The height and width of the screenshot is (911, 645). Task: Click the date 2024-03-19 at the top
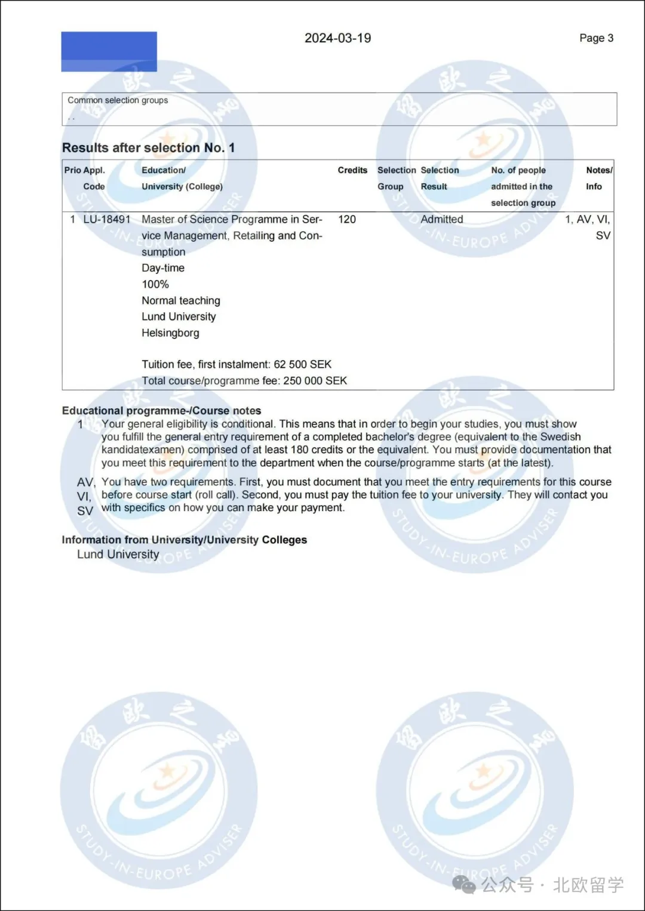point(337,38)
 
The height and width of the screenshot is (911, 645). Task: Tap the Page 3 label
point(596,38)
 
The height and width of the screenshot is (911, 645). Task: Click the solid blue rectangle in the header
point(109,52)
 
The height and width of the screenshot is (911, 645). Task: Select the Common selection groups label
point(118,100)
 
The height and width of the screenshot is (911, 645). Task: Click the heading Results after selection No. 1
point(148,148)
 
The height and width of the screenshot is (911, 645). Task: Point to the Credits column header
point(352,170)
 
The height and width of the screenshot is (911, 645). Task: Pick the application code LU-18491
point(106,220)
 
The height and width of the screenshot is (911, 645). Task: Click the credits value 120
point(347,220)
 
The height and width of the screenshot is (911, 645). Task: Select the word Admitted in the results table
point(441,220)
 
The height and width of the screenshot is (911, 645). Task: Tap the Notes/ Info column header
point(598,178)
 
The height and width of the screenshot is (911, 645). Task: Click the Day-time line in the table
point(163,268)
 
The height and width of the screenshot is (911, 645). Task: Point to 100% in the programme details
point(155,284)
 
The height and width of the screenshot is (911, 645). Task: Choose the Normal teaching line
point(181,300)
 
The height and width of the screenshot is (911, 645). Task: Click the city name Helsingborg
point(170,333)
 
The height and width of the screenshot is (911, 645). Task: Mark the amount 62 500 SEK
point(302,364)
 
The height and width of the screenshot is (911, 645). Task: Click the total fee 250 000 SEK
point(315,381)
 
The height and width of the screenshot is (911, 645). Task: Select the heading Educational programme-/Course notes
point(161,411)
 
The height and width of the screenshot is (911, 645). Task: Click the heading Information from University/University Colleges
point(184,540)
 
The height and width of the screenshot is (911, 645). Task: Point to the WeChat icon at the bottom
point(464,884)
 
